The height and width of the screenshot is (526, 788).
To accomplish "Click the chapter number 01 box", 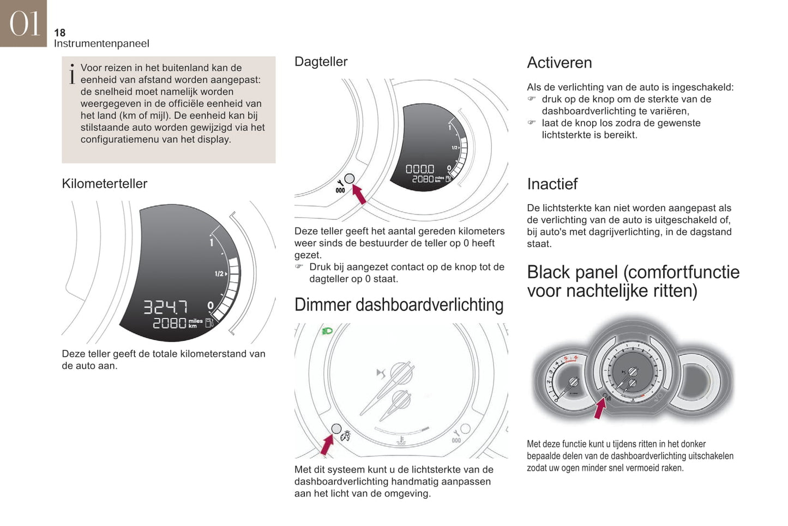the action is [x=23, y=23].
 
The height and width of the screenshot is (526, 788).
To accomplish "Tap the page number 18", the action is [x=60, y=33].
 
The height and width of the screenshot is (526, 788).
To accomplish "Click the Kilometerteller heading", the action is [x=105, y=183].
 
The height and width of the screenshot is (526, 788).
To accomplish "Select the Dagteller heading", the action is [x=321, y=62].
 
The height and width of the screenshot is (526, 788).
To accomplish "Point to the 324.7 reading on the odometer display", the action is [x=165, y=307].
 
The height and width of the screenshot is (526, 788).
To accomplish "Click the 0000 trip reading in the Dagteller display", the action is [x=420, y=169].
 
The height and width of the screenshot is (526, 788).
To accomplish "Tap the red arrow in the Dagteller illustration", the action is [x=359, y=194].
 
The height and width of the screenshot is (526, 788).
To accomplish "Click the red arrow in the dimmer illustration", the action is [x=327, y=445].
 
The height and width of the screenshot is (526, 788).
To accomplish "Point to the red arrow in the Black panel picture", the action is [x=600, y=408].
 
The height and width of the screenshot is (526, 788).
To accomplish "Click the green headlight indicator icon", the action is [x=327, y=331].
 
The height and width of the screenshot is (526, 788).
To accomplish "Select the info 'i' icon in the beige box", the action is [x=72, y=74].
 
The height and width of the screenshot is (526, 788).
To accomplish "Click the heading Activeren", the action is [x=560, y=63].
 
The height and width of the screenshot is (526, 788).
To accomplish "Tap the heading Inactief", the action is [x=552, y=184].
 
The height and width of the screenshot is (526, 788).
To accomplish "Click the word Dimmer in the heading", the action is [x=323, y=305].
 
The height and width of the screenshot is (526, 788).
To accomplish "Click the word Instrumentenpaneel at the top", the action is [x=101, y=44].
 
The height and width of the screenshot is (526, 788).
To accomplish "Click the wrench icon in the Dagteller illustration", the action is [x=340, y=183].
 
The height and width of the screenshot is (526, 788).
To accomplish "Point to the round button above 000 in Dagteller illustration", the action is [x=350, y=178].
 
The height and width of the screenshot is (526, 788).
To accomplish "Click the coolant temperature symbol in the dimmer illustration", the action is [x=401, y=440].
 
